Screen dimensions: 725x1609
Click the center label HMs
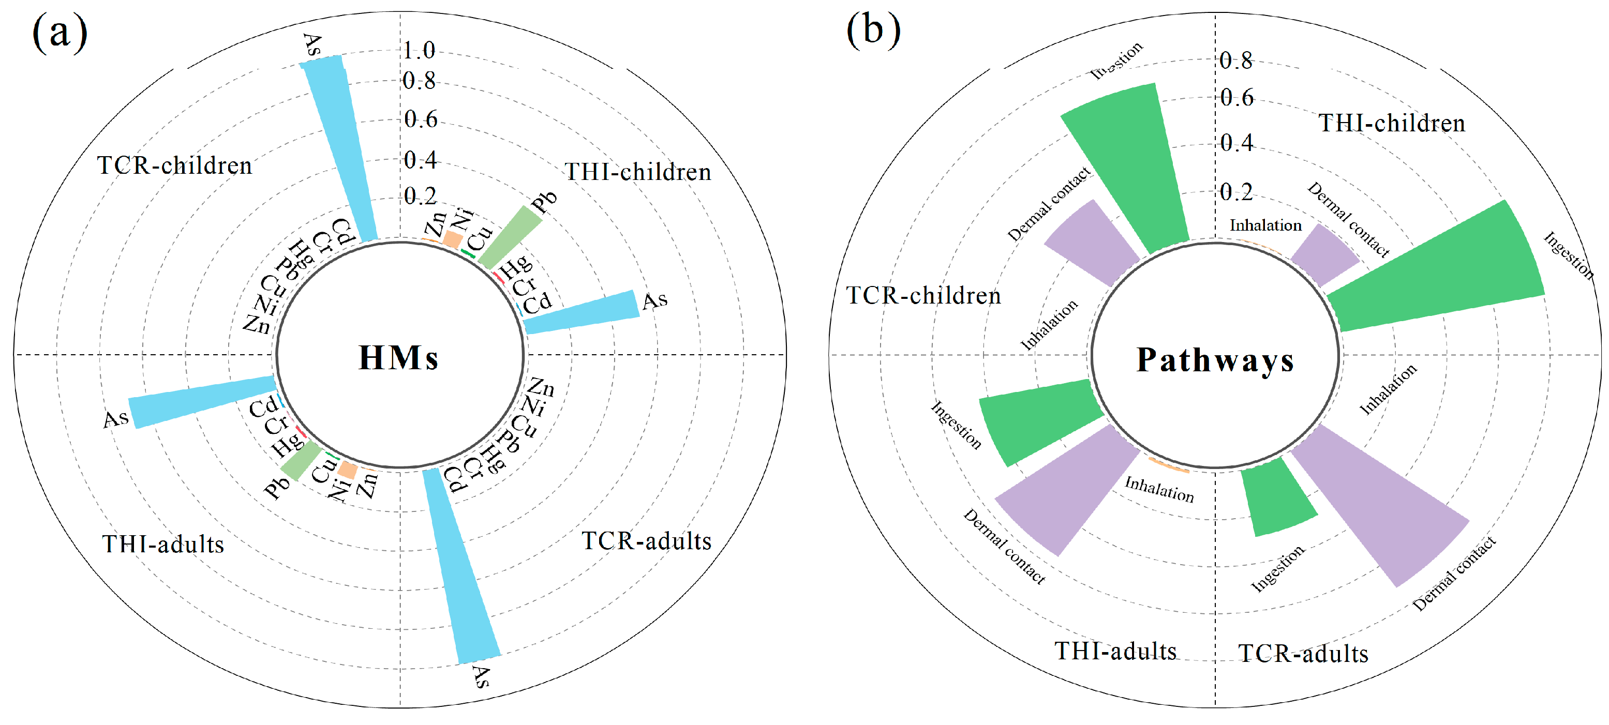pyautogui.click(x=398, y=358)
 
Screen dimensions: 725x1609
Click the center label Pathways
pyautogui.click(x=1215, y=360)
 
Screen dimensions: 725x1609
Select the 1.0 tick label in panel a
pyautogui.click(x=419, y=50)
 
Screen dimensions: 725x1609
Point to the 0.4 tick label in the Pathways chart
pyautogui.click(x=1236, y=143)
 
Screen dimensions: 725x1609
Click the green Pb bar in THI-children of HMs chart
pyautogui.click(x=509, y=238)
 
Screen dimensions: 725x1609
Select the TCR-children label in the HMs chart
pyautogui.click(x=175, y=166)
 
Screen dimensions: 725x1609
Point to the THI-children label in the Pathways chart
pyautogui.click(x=1392, y=123)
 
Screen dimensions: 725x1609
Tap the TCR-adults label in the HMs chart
pyautogui.click(x=647, y=541)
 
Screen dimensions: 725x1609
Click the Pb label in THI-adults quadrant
pyautogui.click(x=276, y=487)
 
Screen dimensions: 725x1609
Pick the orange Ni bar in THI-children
pyautogui.click(x=452, y=240)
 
